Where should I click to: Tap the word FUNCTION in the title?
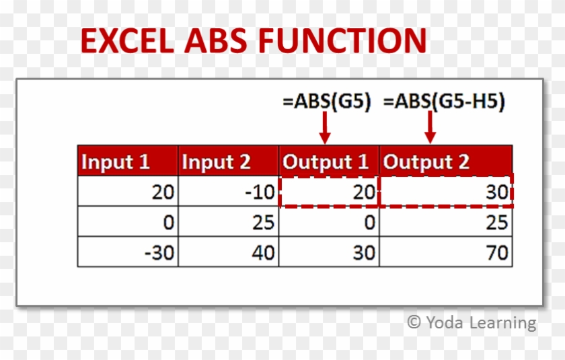(343, 41)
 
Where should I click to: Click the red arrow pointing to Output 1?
(326, 127)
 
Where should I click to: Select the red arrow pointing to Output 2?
(430, 127)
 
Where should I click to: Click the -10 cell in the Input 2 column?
(229, 192)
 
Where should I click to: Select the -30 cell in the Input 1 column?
(128, 252)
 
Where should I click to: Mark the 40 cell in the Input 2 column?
(229, 252)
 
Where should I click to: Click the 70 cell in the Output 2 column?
(446, 252)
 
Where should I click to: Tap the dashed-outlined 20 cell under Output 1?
(329, 192)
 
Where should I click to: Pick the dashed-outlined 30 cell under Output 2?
(446, 192)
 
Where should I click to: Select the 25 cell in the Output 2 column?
(446, 221)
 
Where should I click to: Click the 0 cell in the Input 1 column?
(128, 221)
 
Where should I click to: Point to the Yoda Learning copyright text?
(472, 322)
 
